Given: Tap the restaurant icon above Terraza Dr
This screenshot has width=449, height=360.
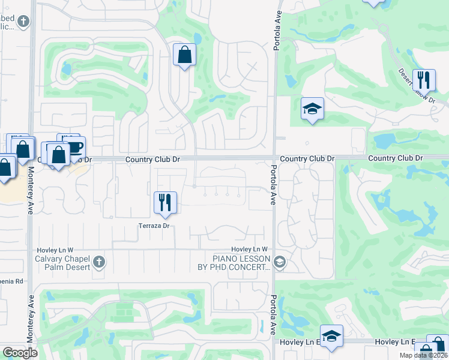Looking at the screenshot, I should point(164,202).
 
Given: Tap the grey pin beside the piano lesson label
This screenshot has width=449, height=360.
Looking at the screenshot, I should point(279,262).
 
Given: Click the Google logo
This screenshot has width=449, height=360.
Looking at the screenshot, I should point(20,353).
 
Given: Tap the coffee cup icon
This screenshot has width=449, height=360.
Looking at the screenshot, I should point(74,148).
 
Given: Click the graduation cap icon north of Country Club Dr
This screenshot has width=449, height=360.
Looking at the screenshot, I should point(312,109).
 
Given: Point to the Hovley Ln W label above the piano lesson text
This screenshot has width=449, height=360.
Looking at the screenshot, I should point(249,250).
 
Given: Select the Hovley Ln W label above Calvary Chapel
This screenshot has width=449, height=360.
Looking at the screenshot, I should point(55,250).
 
